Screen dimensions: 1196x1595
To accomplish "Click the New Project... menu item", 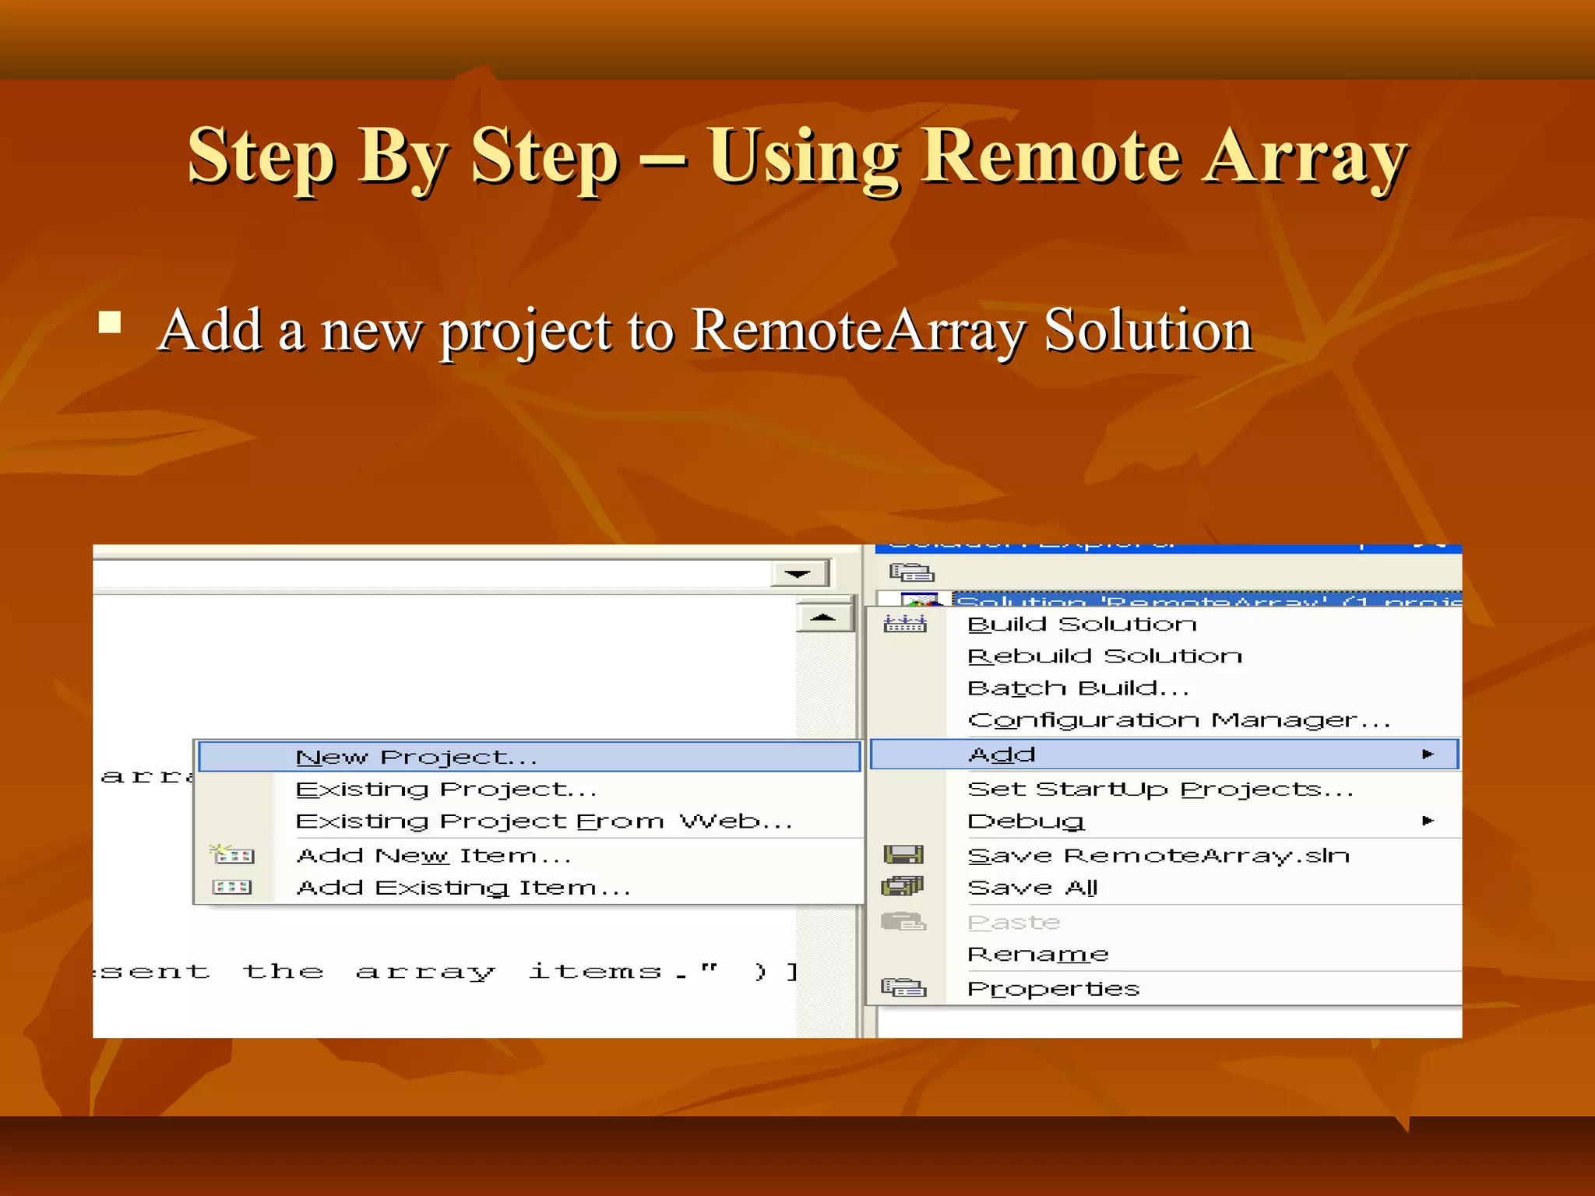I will coord(417,757).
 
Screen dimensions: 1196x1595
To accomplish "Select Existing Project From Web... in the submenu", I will coord(544,821).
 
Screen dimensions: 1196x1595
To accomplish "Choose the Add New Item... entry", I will coord(434,856).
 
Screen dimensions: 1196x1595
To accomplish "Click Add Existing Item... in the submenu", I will coord(463,888).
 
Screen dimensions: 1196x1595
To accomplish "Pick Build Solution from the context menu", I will coord(1081,624).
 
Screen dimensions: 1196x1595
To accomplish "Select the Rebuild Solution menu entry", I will coord(1104,656).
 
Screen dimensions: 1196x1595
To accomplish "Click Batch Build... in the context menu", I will coord(1078,688).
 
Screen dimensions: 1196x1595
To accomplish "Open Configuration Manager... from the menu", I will coord(1178,721).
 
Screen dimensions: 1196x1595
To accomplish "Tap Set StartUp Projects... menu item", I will coord(1160,790).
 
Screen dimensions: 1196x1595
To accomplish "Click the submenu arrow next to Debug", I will coord(1427,821).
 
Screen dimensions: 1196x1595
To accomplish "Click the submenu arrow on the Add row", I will coord(1427,754).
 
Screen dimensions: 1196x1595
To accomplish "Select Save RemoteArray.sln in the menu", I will coord(1158,856).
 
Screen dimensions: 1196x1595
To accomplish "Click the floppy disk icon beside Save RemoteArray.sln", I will coord(903,855).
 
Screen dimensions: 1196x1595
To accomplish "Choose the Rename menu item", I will coord(1037,955).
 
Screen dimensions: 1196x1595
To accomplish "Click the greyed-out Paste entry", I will coord(1013,923).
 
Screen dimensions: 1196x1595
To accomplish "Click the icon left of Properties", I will coord(903,988).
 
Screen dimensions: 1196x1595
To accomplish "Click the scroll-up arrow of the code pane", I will coord(822,617).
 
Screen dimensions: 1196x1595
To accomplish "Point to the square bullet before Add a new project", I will coord(110,322).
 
